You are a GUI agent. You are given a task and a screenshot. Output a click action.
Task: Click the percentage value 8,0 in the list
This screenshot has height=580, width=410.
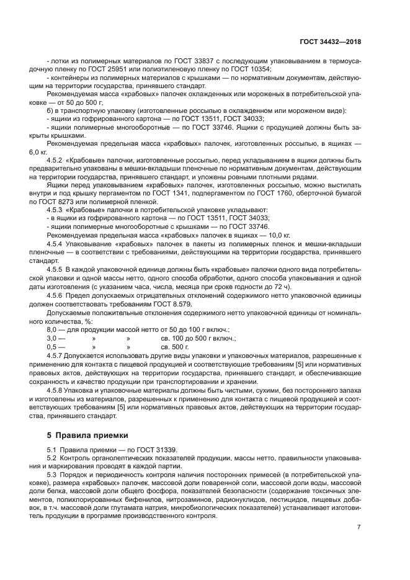[51, 330]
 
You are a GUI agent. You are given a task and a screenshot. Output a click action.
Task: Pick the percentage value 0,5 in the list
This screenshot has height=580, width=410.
[51, 347]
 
